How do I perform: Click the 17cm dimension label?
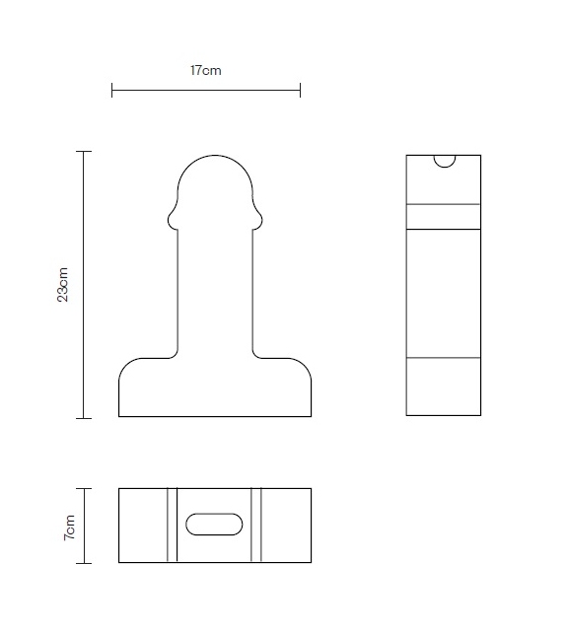[205, 71]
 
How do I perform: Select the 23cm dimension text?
[63, 285]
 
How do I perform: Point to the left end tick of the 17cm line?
[112, 91]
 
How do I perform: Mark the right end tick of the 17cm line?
[300, 91]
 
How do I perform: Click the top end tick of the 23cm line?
[84, 151]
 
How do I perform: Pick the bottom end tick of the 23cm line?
[84, 418]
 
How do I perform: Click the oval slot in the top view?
[214, 525]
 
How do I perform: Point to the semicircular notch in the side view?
[444, 160]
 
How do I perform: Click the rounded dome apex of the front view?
[215, 155]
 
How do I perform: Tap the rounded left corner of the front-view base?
[126, 365]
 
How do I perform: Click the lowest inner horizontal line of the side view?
[444, 357]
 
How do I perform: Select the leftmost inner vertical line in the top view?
[167, 525]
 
